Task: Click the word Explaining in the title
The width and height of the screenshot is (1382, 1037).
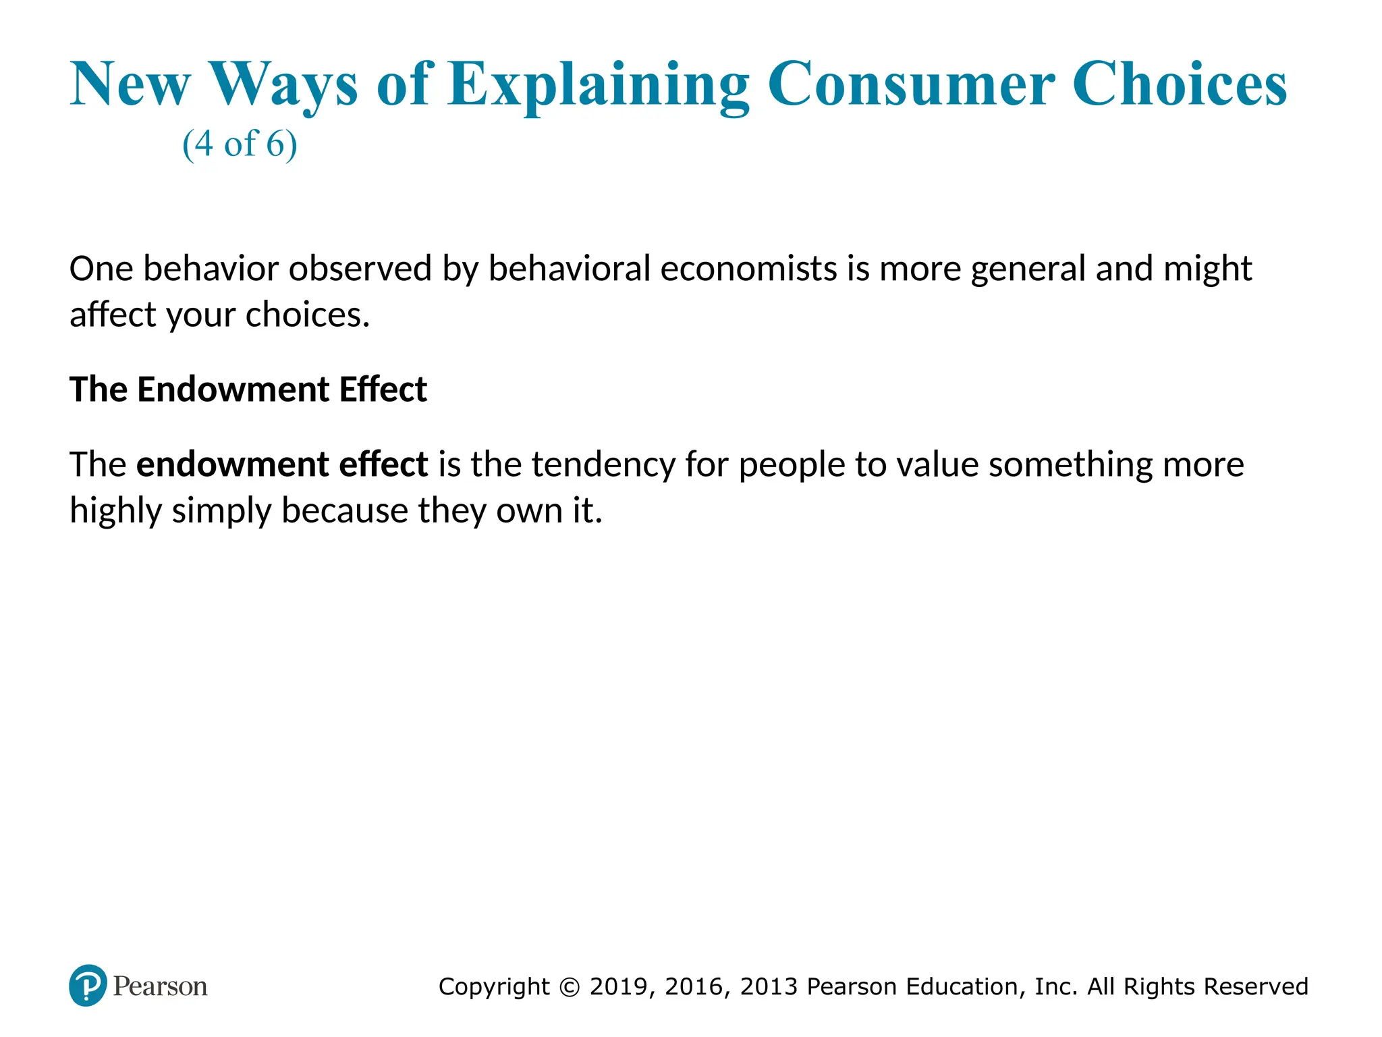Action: [x=598, y=85]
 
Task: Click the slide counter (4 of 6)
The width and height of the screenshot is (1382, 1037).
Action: [x=240, y=144]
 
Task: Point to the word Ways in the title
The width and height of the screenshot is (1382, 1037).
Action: [x=283, y=85]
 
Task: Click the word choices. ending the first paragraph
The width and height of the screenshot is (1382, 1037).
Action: [x=308, y=315]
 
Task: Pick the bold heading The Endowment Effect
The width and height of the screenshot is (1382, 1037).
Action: [x=248, y=390]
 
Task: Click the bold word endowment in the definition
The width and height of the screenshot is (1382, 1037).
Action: [x=232, y=464]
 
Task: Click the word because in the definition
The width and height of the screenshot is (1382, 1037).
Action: [x=344, y=511]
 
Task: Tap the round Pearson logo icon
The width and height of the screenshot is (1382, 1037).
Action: [x=88, y=986]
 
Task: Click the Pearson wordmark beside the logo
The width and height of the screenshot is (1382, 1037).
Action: [x=160, y=986]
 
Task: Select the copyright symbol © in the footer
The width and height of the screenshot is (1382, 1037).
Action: [x=570, y=987]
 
